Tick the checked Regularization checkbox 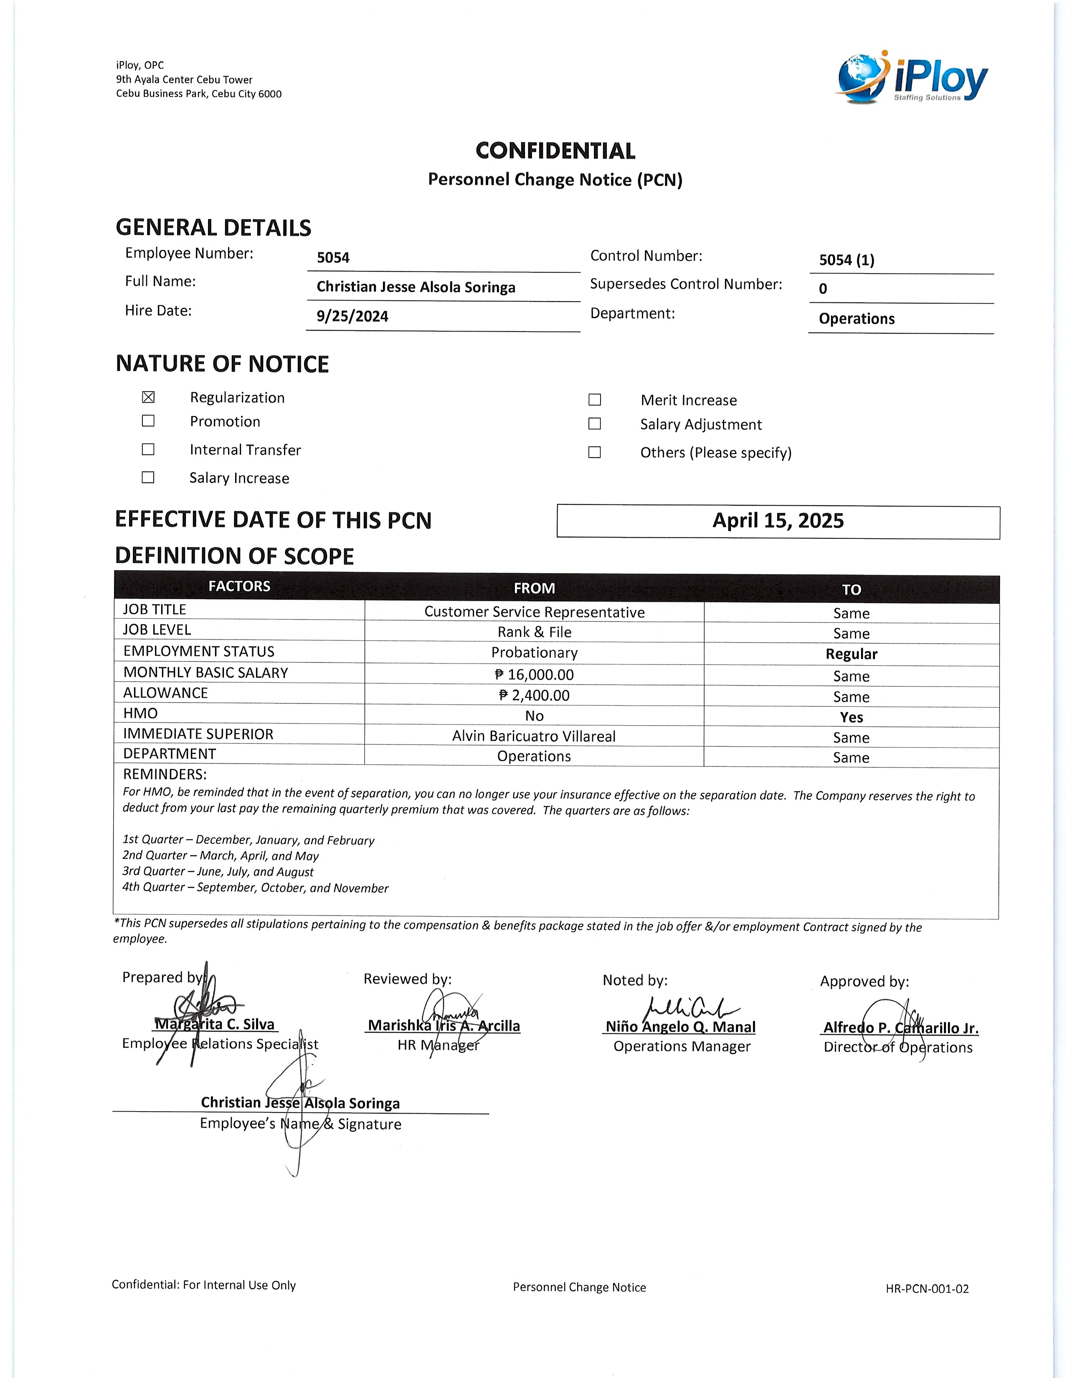click(x=148, y=397)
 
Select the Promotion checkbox click(x=148, y=421)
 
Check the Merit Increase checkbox click(x=594, y=399)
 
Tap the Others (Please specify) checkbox click(x=594, y=452)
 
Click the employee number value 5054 click(x=333, y=257)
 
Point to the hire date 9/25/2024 click(x=352, y=316)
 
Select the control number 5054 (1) click(x=847, y=260)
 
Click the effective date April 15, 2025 click(x=778, y=521)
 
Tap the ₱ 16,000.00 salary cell click(x=535, y=674)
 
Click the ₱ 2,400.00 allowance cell click(x=535, y=695)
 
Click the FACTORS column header click(x=239, y=586)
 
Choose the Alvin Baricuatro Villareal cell click(x=534, y=736)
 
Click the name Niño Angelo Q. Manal click(x=680, y=1026)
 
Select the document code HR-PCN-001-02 click(x=927, y=1288)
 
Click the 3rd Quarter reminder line click(x=218, y=871)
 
